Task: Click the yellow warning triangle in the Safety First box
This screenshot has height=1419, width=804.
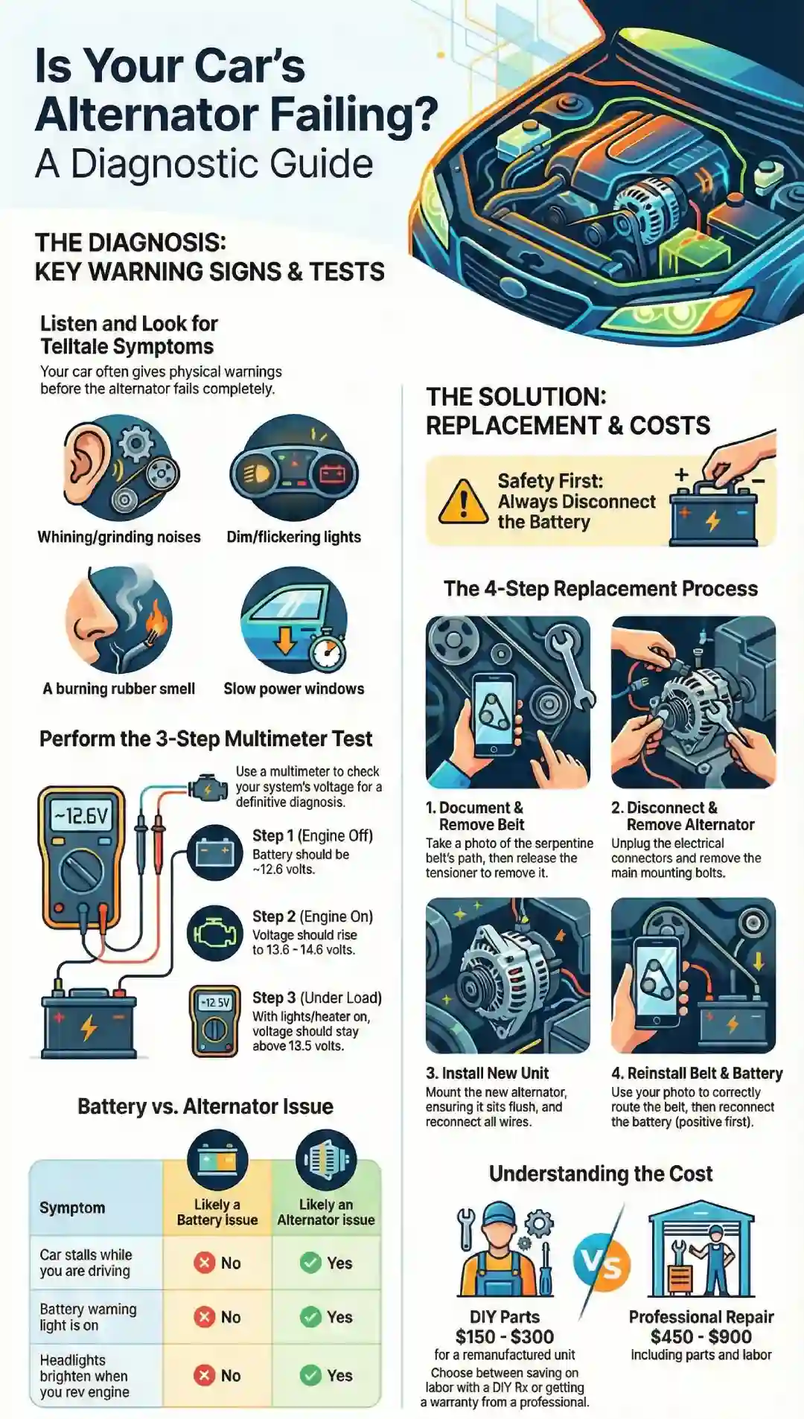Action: (x=463, y=503)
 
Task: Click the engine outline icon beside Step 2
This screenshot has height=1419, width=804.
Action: (x=214, y=933)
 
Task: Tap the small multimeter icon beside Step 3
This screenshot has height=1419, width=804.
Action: (x=214, y=1021)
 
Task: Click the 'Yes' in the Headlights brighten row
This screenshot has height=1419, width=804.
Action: (x=326, y=1375)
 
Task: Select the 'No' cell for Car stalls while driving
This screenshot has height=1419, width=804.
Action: (x=217, y=1263)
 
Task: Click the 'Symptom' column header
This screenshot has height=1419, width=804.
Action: (x=72, y=1208)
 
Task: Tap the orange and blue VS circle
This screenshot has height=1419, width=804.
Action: (x=602, y=1263)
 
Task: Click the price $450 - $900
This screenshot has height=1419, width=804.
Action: (x=701, y=1336)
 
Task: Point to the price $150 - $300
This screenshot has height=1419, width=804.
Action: (x=504, y=1336)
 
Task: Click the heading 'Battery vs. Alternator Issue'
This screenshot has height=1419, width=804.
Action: (x=205, y=1106)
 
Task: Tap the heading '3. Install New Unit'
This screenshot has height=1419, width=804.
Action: (x=487, y=1073)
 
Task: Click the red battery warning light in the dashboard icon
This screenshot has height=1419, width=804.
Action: (x=331, y=473)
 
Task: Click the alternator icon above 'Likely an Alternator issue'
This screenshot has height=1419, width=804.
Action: (x=325, y=1159)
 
